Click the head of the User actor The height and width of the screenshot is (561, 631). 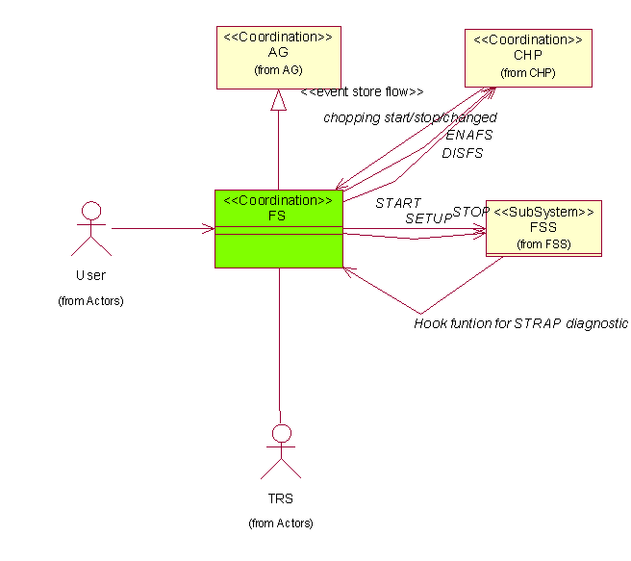coord(91,211)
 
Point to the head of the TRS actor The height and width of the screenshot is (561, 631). coord(280,433)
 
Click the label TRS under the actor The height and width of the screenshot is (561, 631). coord(280,499)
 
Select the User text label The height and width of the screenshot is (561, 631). coord(91,276)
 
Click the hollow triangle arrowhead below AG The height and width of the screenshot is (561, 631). coord(278,98)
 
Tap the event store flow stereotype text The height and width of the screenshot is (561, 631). coord(362,92)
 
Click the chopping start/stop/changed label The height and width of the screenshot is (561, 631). coord(410,117)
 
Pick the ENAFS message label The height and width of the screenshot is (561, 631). coord(468,135)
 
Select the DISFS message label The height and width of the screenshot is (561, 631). coord(463,152)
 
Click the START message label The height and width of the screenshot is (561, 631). coord(398,203)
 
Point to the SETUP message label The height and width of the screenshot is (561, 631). coord(428,218)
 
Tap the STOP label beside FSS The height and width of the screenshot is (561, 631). coord(471,211)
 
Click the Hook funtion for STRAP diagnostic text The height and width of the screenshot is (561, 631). coord(520,323)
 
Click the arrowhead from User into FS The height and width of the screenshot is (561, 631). coord(209,229)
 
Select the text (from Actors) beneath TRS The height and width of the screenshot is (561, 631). coord(280,523)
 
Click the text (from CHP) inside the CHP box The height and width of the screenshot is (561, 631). coord(528,72)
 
